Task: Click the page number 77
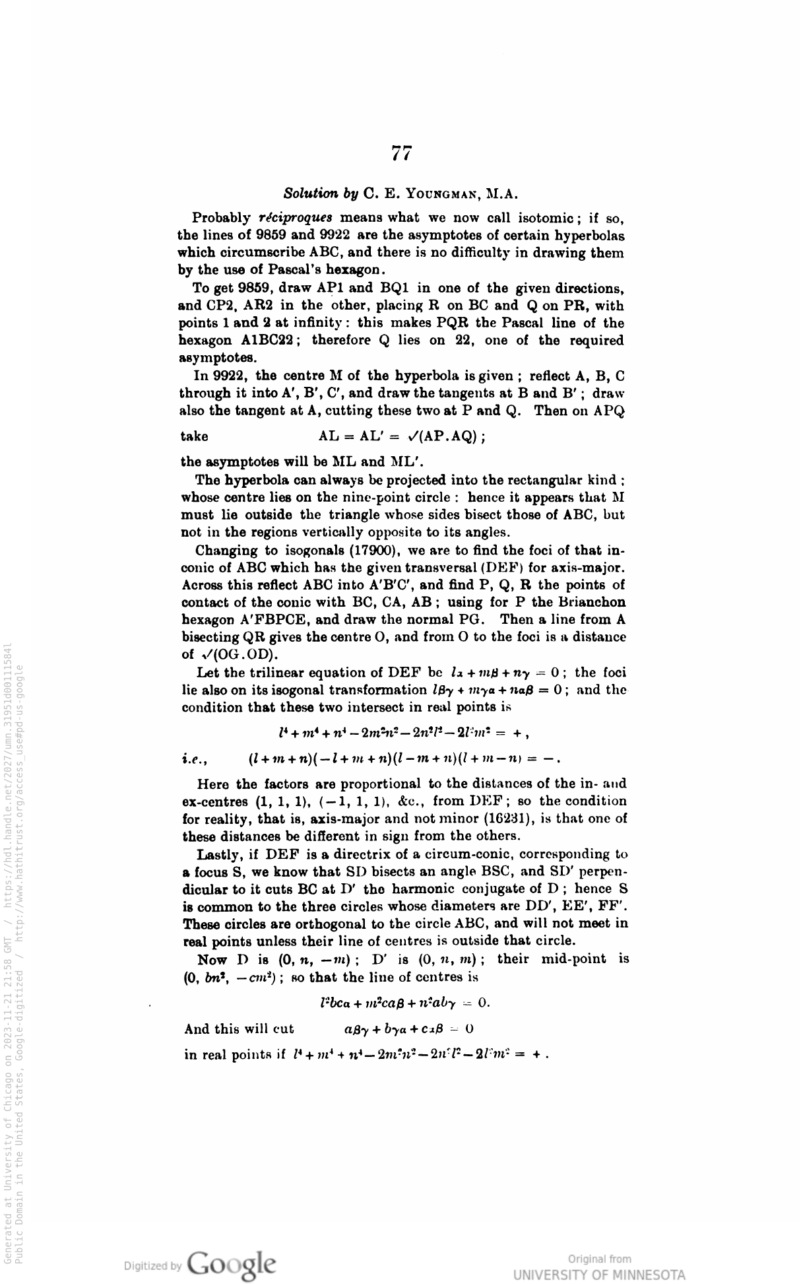click(401, 154)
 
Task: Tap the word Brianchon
click(591, 603)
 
